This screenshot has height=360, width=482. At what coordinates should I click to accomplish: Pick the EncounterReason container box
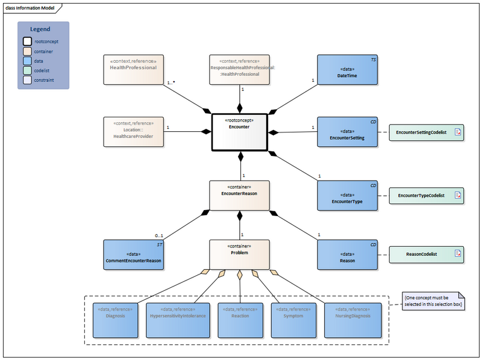tap(239, 195)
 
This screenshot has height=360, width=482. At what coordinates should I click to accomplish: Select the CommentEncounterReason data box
tap(133, 255)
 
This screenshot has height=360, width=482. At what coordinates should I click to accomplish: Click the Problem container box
tap(239, 255)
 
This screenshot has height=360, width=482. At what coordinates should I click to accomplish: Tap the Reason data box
tap(347, 255)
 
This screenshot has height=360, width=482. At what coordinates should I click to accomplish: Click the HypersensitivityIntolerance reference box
tap(177, 319)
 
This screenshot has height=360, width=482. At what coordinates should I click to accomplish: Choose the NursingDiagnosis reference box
tap(352, 319)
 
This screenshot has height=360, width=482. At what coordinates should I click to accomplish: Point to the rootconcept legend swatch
tap(28, 42)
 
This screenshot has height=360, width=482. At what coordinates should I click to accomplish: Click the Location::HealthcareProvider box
tap(133, 132)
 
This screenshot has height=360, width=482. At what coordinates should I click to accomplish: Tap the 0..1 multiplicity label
tap(160, 235)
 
